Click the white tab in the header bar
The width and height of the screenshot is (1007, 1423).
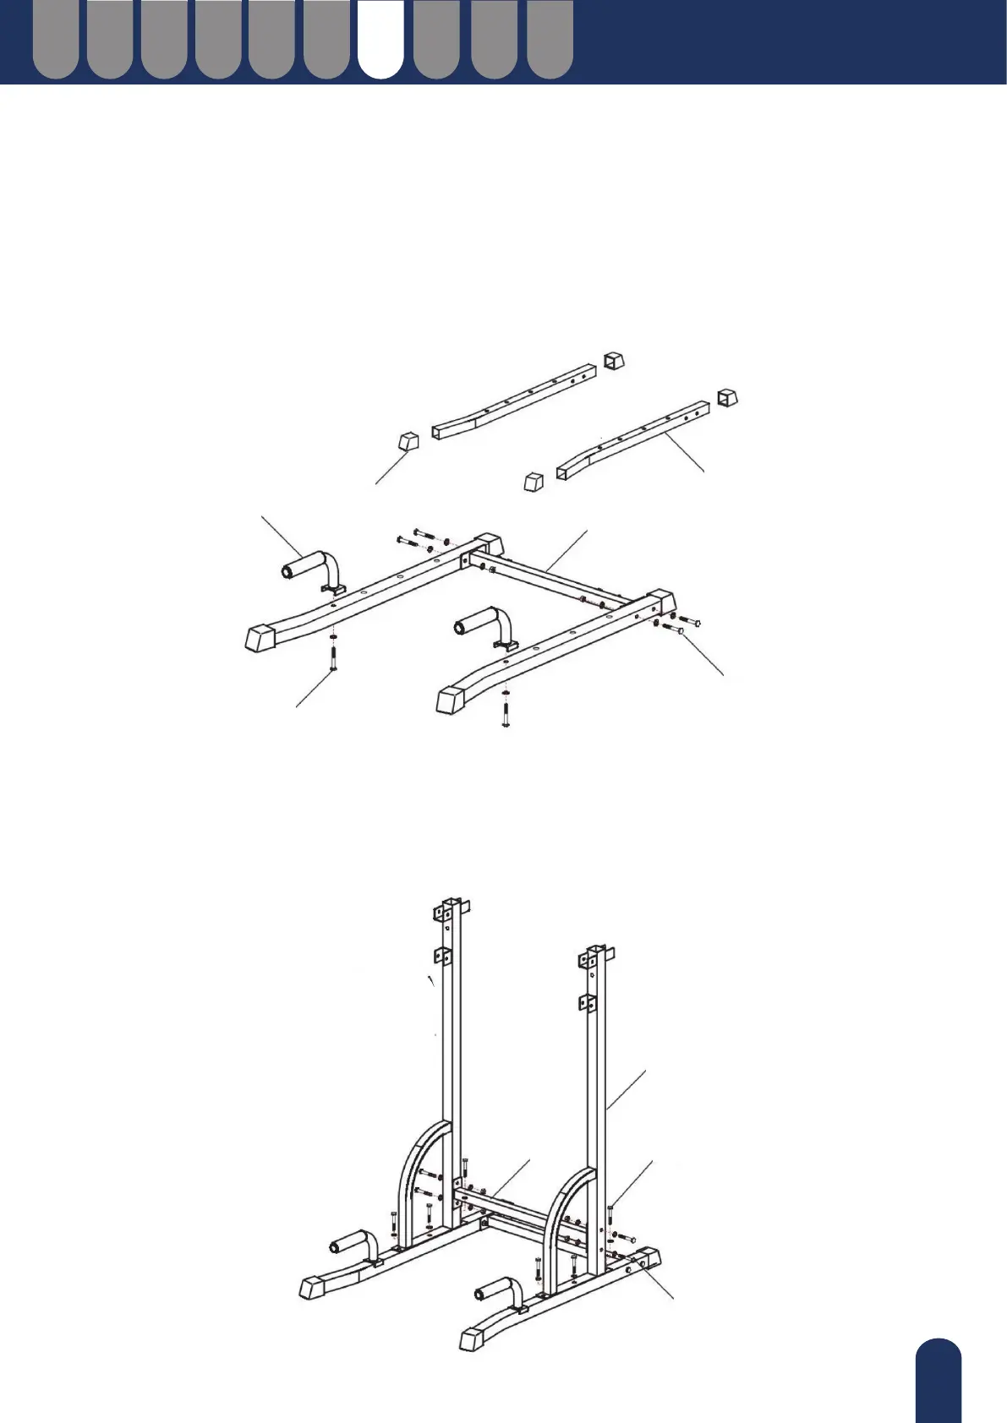tap(380, 41)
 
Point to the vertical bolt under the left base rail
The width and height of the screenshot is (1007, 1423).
tap(333, 658)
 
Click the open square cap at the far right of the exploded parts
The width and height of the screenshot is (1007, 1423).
tap(728, 397)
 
